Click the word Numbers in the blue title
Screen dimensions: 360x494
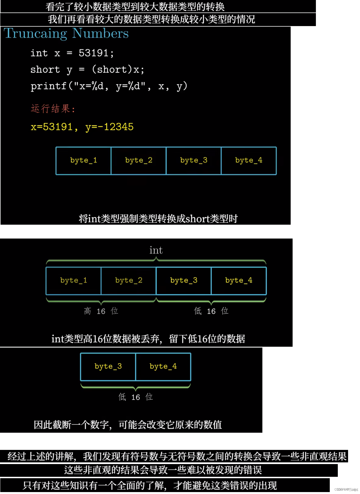coord(100,33)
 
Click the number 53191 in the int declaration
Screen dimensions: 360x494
coord(93,53)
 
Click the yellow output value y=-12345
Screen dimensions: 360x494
coord(110,127)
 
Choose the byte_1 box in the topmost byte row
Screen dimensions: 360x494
coord(83,161)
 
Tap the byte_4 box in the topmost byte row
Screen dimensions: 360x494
coord(249,161)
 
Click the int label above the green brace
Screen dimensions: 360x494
coord(156,250)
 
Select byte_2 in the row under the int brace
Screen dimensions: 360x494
coord(129,281)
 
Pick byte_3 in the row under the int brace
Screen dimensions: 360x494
coord(184,281)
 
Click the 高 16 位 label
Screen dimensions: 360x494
coord(101,311)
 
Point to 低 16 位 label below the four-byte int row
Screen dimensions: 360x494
coord(211,311)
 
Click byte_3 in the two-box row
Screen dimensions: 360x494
coord(108,367)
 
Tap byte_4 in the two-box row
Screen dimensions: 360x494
coord(163,367)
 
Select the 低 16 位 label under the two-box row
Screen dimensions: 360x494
coord(136,397)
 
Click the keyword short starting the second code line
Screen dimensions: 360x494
coord(45,69)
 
